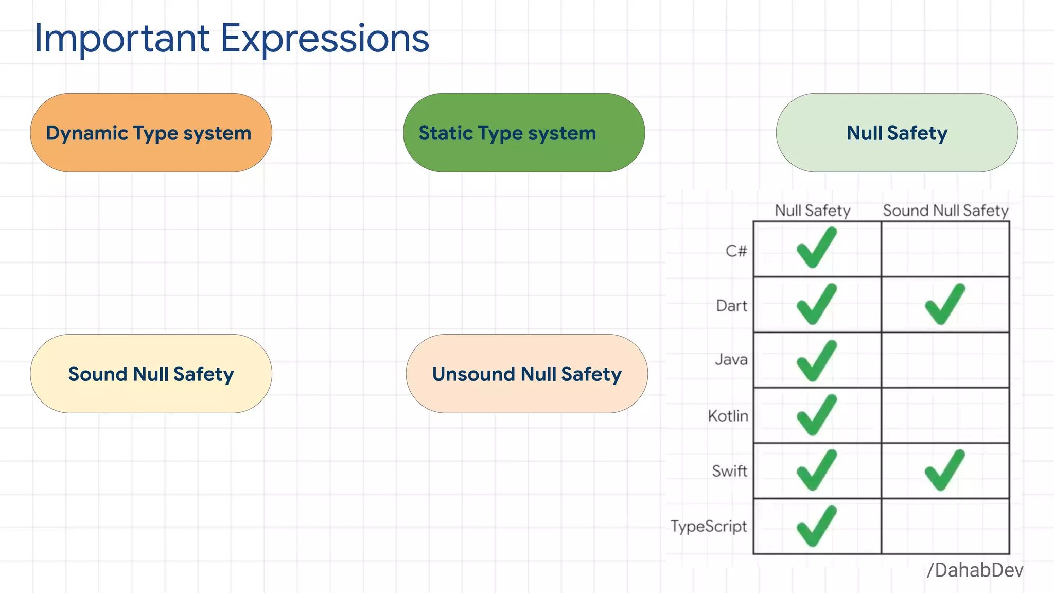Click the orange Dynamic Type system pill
point(151,133)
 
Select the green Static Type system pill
point(523,133)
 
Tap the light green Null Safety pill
point(897,133)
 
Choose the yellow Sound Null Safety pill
point(151,374)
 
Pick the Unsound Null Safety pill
point(526,374)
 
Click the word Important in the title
point(122,39)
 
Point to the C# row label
point(736,251)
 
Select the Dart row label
point(731,306)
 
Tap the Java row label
point(731,359)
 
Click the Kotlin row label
point(728,415)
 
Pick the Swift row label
point(729,470)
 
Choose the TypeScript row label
point(709,526)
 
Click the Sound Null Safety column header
point(945,211)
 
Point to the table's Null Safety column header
point(813,211)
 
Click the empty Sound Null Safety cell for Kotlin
point(945,415)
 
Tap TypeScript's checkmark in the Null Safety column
point(816,526)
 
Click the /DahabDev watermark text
point(975,570)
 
